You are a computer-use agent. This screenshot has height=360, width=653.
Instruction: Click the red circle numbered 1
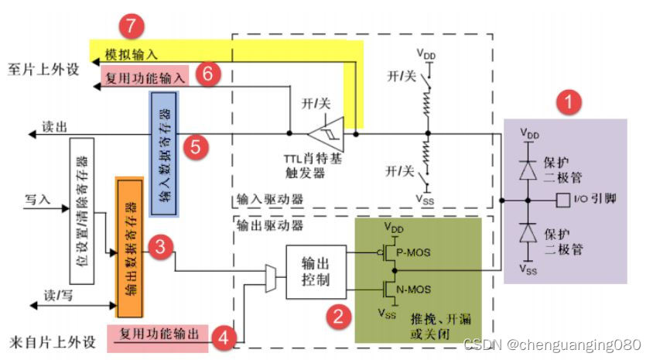coord(570,102)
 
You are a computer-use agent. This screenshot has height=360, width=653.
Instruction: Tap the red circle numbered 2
coord(338,316)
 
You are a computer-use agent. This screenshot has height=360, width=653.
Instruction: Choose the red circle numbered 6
coord(209,73)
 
